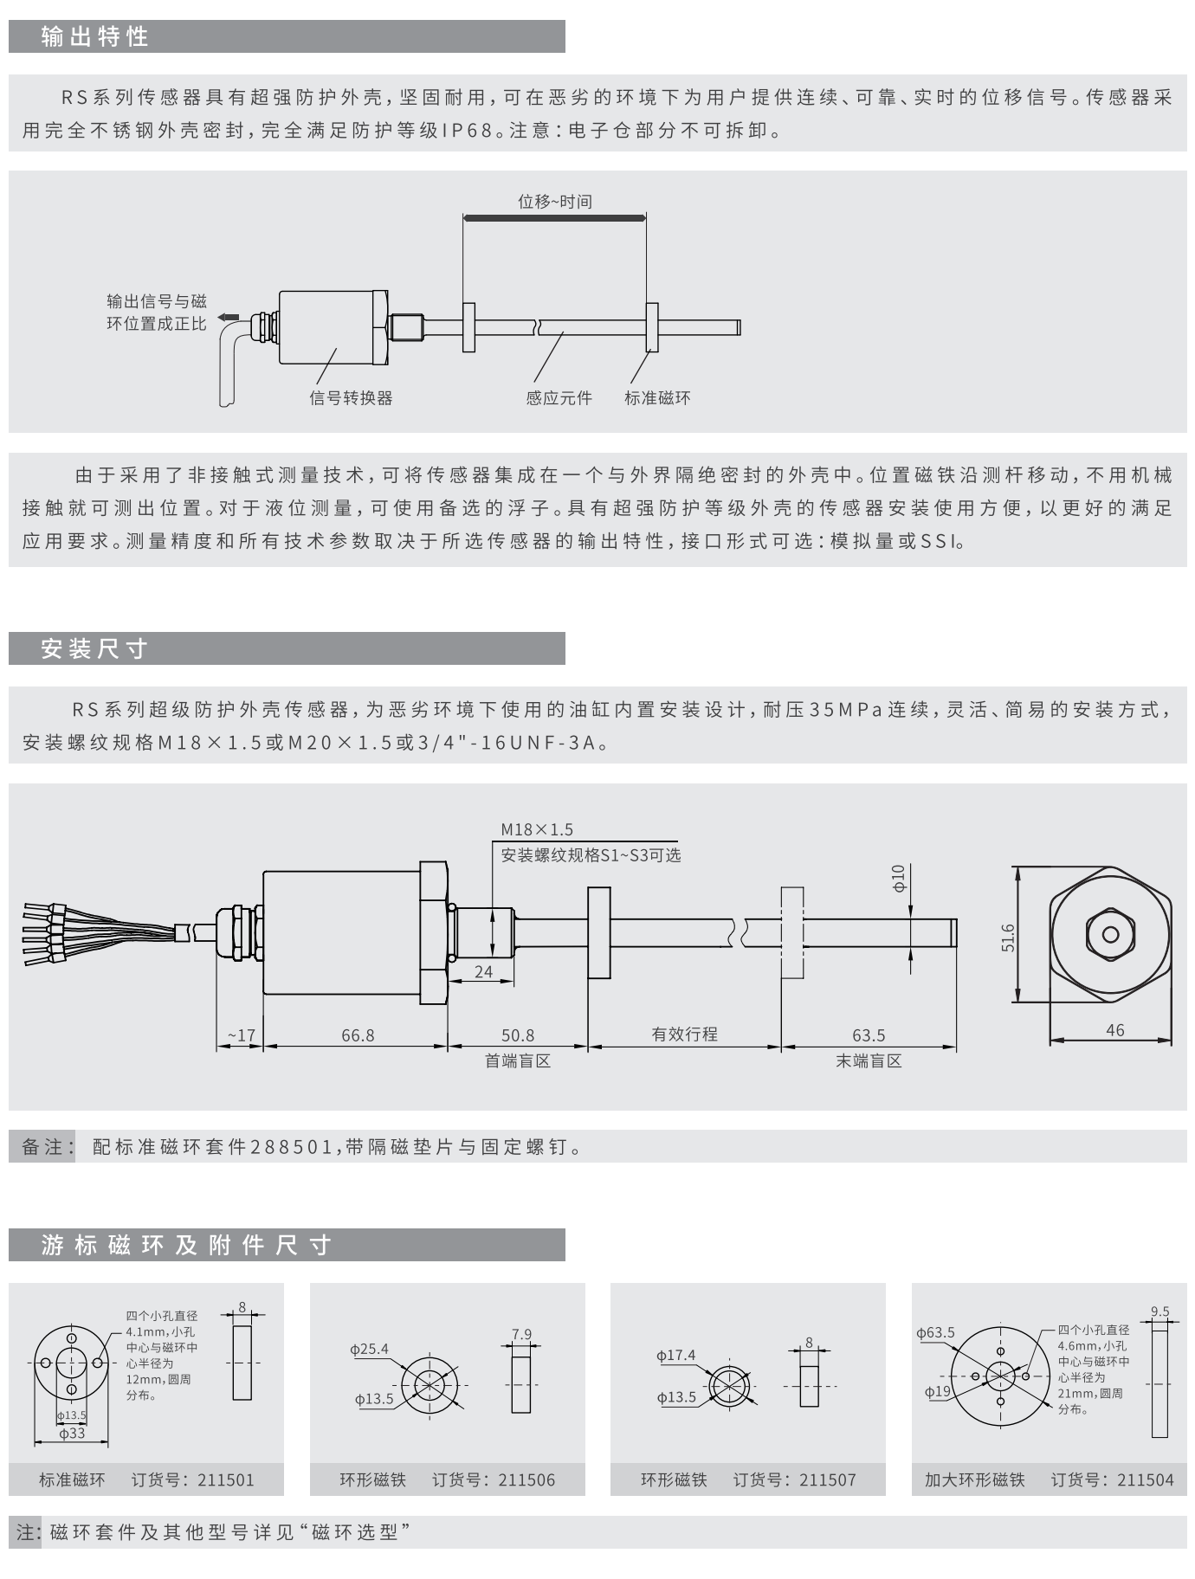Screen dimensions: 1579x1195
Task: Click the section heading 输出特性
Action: coord(95,36)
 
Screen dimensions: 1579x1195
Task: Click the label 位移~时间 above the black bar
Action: coord(554,202)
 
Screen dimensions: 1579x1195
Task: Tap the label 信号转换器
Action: coord(351,398)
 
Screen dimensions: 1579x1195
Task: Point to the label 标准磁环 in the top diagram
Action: coord(657,398)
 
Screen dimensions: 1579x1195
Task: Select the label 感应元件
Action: coord(559,398)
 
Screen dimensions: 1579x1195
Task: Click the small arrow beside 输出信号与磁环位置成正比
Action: coord(228,317)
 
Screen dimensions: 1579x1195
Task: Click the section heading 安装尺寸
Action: coord(95,648)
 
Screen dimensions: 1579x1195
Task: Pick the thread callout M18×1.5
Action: coord(537,829)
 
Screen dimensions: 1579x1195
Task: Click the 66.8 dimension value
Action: coord(358,1035)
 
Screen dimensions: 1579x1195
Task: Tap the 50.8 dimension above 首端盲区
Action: coord(518,1035)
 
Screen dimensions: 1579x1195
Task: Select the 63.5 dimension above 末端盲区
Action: coord(869,1035)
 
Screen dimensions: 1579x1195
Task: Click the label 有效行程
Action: coord(684,1034)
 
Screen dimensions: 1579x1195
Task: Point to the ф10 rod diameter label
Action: coord(899,878)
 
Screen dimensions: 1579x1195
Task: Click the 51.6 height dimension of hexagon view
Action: coord(1008,938)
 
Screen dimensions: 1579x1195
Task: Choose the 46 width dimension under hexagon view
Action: coord(1114,1030)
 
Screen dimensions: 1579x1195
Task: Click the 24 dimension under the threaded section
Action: coord(483,971)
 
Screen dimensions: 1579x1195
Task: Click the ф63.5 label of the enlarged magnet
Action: coord(935,1332)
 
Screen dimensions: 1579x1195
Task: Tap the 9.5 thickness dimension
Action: coord(1159,1312)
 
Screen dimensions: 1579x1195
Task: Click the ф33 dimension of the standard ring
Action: coord(72,1433)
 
